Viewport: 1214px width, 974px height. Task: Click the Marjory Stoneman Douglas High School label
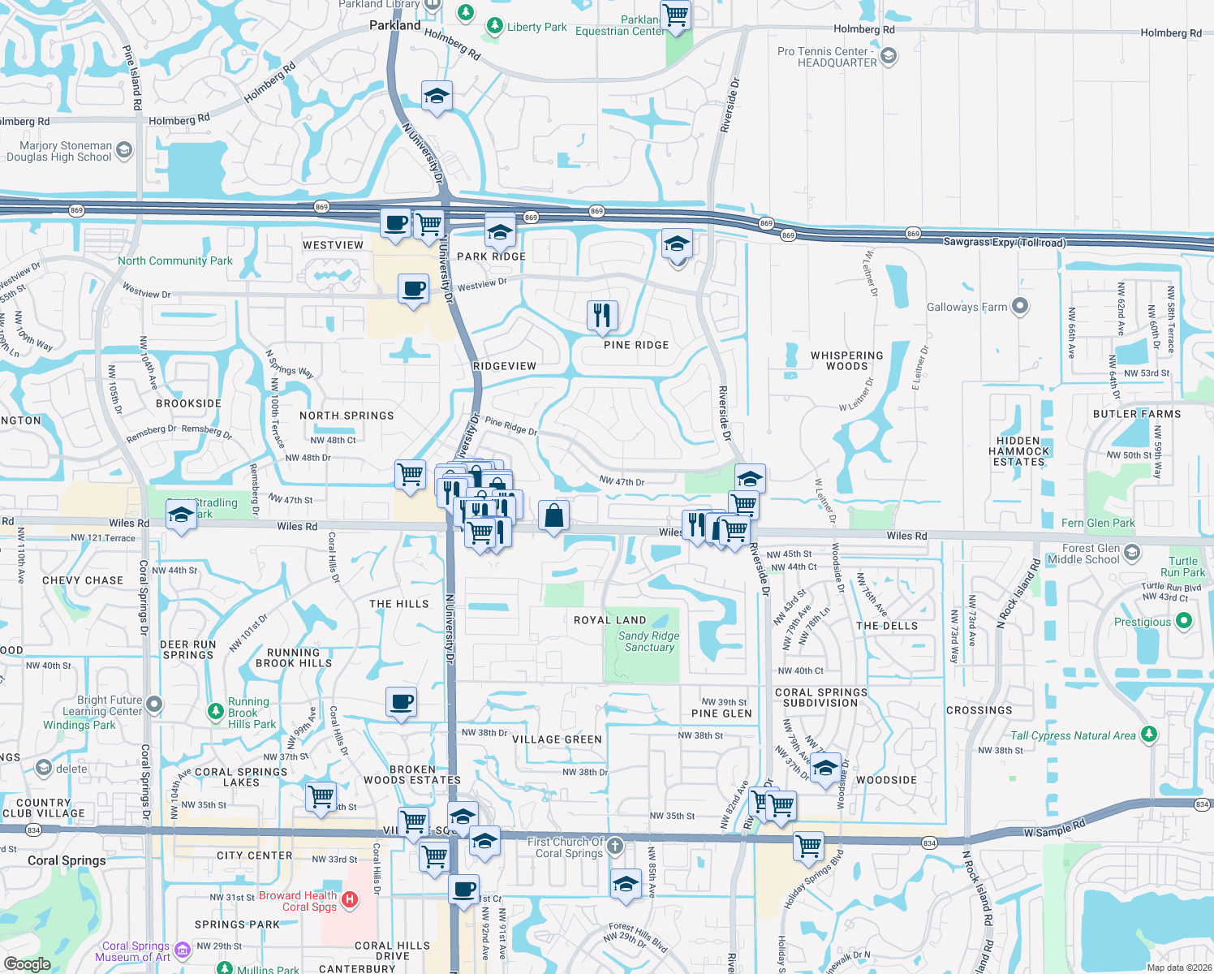58,152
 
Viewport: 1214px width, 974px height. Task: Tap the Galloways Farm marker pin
1020,307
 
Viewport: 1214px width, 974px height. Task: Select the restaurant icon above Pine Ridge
601,314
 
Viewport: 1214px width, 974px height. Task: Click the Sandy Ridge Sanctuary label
648,641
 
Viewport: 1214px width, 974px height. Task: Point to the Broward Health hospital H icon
350,899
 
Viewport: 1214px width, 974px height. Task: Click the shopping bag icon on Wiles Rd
553,515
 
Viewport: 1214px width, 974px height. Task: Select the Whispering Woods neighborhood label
846,360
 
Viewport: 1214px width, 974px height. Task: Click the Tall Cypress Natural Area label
1073,735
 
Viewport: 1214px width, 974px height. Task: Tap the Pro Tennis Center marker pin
889,56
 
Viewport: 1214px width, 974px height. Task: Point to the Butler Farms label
1137,414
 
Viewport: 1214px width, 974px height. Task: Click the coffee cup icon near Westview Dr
413,289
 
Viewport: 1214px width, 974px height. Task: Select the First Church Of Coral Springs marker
615,847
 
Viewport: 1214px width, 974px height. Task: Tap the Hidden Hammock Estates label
1019,451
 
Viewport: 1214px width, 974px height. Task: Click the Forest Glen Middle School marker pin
1132,553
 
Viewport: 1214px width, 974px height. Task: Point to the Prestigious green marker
1183,621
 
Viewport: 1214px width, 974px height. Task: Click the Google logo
27,964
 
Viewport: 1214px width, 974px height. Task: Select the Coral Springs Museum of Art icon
182,950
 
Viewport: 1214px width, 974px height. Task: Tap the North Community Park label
174,261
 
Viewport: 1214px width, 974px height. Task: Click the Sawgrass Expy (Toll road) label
1004,242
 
